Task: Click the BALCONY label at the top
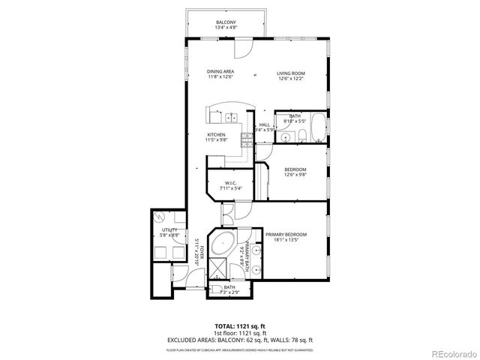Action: click(x=226, y=22)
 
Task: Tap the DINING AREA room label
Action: click(x=220, y=72)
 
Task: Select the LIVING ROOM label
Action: click(x=291, y=72)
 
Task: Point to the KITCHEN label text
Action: click(x=217, y=134)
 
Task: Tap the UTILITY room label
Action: click(x=169, y=230)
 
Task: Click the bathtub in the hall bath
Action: click(x=317, y=127)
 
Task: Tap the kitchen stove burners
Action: click(x=244, y=139)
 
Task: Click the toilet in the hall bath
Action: click(x=299, y=136)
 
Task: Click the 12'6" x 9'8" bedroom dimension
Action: click(x=295, y=176)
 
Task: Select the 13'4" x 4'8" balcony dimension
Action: click(x=226, y=28)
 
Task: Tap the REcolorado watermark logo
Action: click(x=451, y=354)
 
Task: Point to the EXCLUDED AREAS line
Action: click(x=239, y=340)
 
